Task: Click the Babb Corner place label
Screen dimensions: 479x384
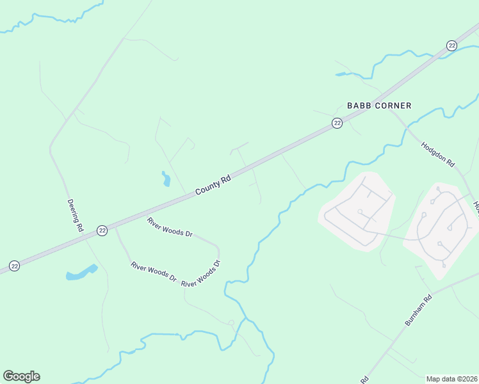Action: coord(379,106)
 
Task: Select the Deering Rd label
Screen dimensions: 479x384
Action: coord(76,214)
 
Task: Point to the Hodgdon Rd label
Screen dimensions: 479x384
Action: coord(437,155)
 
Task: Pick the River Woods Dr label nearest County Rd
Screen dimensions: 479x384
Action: coord(170,228)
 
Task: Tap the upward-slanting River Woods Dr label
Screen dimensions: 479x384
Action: coord(201,274)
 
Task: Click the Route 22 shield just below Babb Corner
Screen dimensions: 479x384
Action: coord(337,124)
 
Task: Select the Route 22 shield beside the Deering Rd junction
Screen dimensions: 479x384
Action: coord(102,230)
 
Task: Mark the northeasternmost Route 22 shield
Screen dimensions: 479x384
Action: coord(451,45)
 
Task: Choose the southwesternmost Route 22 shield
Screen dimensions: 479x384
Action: coord(14,266)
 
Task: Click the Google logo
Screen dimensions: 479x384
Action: coord(21,376)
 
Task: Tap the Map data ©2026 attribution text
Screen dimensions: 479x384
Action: coord(451,379)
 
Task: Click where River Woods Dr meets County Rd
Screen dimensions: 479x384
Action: coord(115,225)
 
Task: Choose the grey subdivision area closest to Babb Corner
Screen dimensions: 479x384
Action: coord(357,210)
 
